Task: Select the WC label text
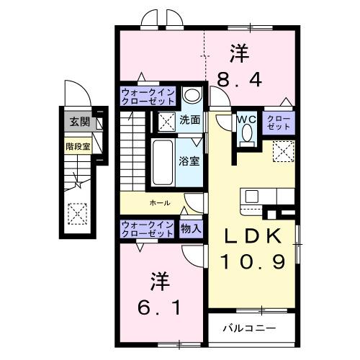(x=245, y=120)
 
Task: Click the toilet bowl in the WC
(x=248, y=134)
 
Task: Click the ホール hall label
(x=159, y=203)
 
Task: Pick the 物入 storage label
(x=191, y=228)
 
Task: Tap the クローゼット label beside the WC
(x=279, y=122)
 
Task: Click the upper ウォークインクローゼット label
(x=147, y=96)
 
